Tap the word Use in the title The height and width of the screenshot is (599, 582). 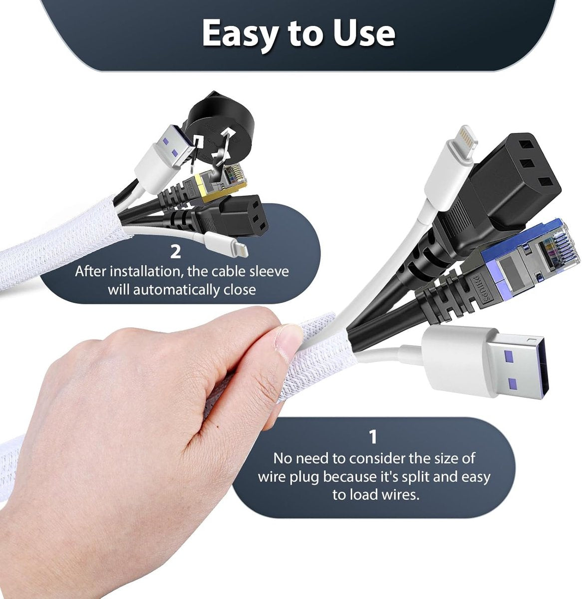click(363, 33)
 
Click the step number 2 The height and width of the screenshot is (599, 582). click(175, 252)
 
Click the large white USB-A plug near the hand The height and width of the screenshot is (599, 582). click(485, 363)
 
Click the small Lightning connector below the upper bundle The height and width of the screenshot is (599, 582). click(226, 245)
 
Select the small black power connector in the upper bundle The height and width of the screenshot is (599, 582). click(234, 216)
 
